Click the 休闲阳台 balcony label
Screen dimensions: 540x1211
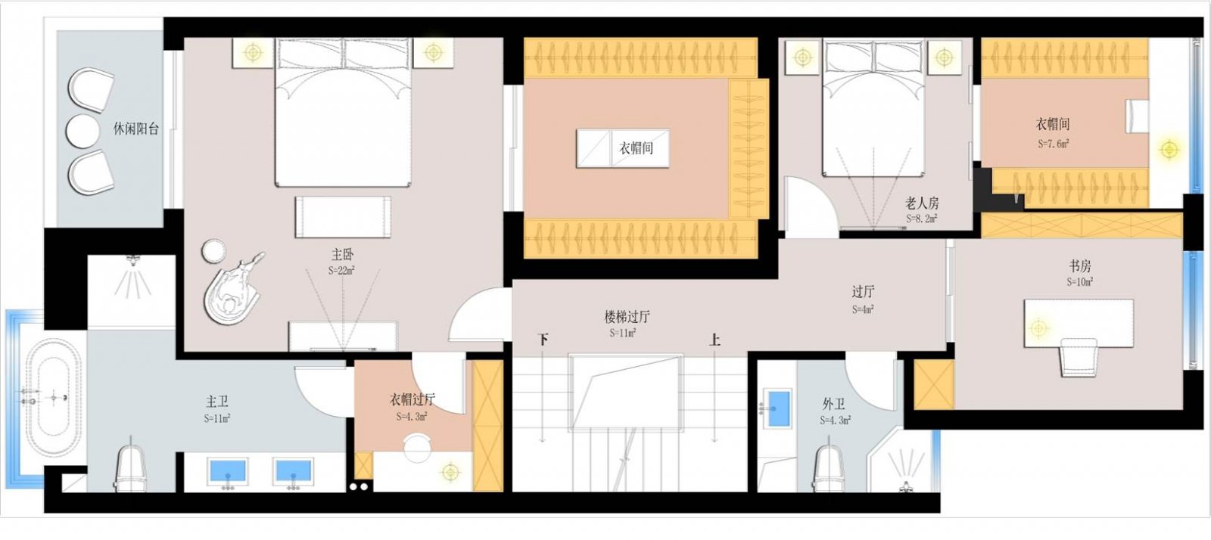click(x=136, y=129)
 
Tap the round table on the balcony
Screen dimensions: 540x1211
click(x=82, y=131)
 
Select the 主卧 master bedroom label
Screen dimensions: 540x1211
click(x=342, y=255)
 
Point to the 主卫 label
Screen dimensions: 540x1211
click(x=217, y=402)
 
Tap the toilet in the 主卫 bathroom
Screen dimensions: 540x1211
click(x=130, y=466)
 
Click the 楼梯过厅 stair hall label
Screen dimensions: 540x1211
click(x=626, y=317)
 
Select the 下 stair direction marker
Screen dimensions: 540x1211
click(x=543, y=340)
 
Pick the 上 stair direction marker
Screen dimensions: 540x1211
click(x=714, y=340)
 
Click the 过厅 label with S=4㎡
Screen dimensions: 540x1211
click(x=863, y=291)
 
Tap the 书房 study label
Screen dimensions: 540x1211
click(x=1080, y=266)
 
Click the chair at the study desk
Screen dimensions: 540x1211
click(x=1078, y=356)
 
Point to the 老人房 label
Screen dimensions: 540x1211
click(x=922, y=203)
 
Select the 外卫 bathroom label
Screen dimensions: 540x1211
click(x=833, y=404)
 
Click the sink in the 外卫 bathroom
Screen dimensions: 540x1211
click(x=777, y=407)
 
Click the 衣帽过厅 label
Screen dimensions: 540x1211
click(x=412, y=399)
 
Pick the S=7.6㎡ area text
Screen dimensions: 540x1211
click(x=1053, y=143)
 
